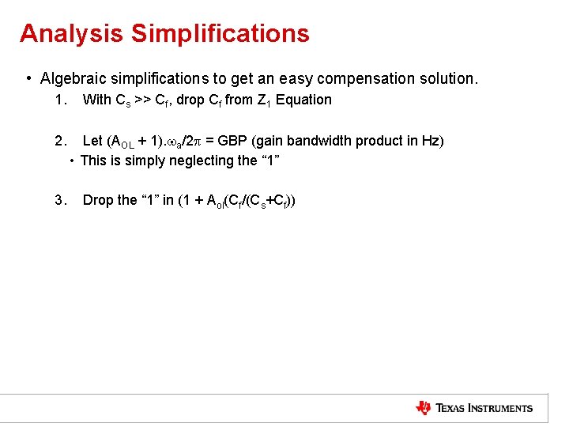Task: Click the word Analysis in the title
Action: (x=71, y=34)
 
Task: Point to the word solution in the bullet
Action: (x=450, y=79)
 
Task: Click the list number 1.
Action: (x=59, y=100)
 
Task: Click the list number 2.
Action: (x=59, y=141)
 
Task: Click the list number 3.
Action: (x=59, y=200)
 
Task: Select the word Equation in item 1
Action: (x=303, y=100)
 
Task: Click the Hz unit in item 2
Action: (x=431, y=141)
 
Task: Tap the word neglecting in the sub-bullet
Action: (x=183, y=161)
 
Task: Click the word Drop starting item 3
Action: (x=99, y=200)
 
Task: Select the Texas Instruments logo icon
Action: (x=424, y=408)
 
